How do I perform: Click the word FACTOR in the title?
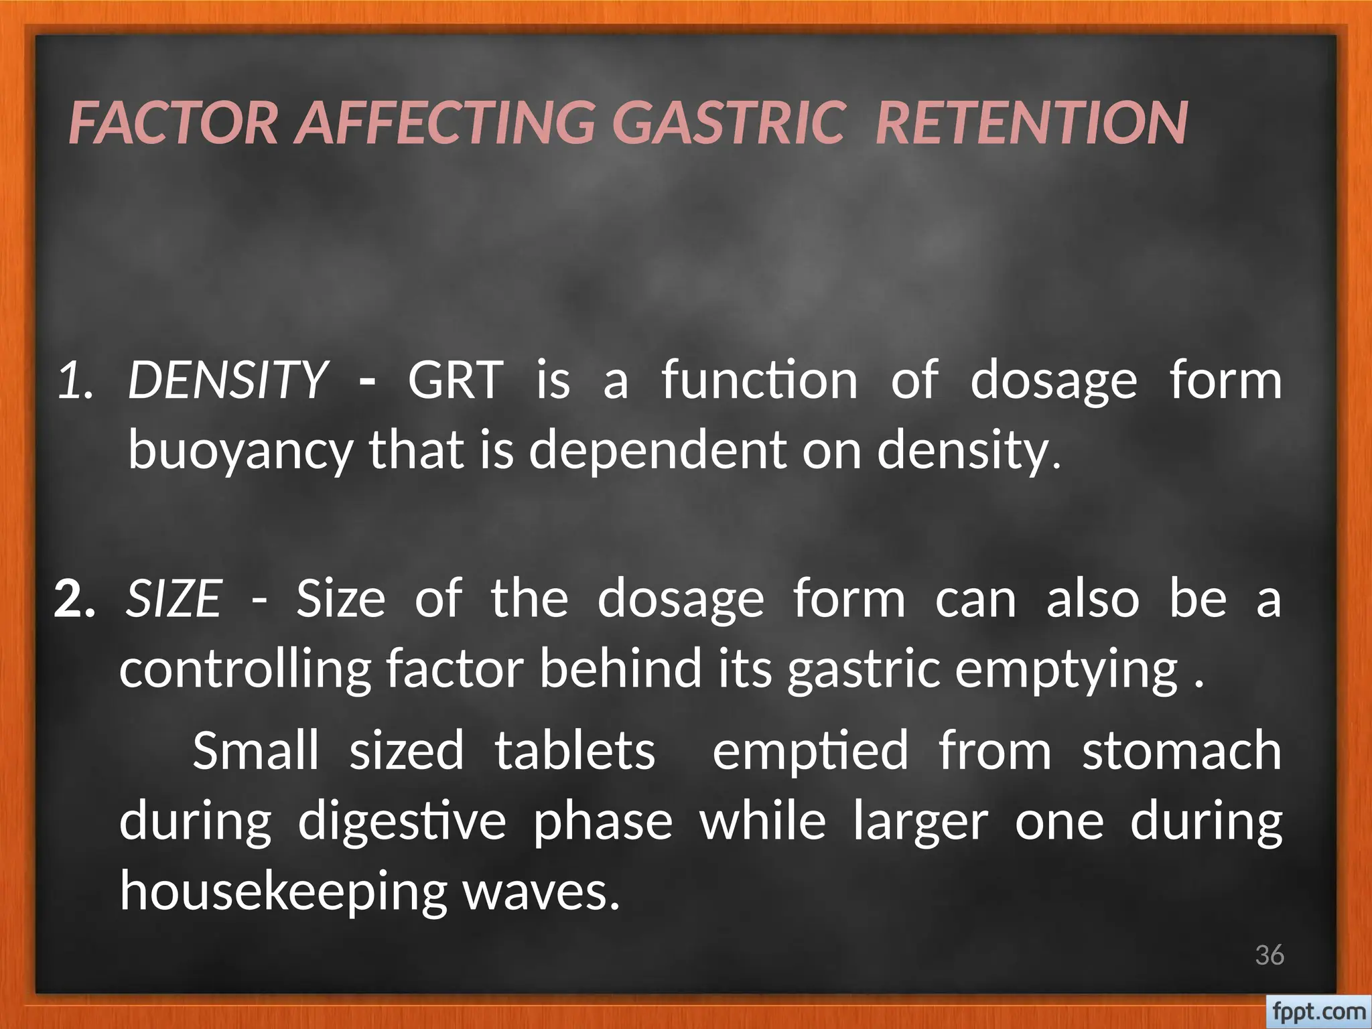173,123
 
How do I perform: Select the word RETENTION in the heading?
1032,123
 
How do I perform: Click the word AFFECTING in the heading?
445,123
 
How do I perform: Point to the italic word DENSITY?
228,380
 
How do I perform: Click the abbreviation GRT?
455,380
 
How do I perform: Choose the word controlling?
245,669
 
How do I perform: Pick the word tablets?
575,750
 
